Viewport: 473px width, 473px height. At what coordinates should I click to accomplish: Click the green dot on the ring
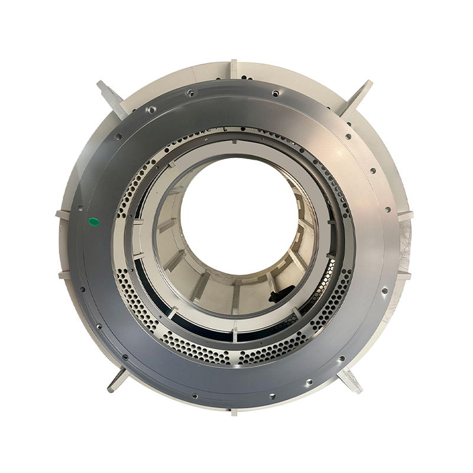click(x=93, y=222)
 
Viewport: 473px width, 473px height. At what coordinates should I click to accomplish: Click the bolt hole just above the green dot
click(x=80, y=208)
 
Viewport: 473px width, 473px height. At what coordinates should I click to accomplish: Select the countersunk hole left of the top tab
click(x=190, y=93)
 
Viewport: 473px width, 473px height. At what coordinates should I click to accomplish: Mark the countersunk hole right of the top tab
click(x=276, y=93)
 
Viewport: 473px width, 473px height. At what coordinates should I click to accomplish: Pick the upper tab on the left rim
click(x=62, y=213)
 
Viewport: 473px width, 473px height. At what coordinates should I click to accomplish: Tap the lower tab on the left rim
click(x=64, y=274)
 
